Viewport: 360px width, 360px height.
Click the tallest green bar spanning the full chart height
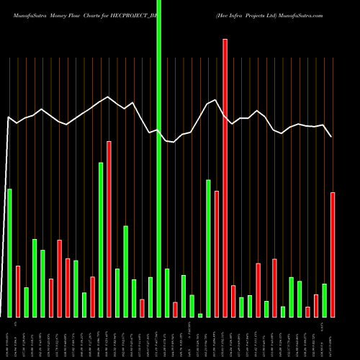(158, 158)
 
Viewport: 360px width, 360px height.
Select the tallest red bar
(225, 178)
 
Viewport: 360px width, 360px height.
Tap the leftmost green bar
(9, 253)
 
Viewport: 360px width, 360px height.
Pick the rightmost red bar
(333, 255)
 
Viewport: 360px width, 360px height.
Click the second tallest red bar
(109, 229)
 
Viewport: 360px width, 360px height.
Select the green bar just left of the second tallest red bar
(101, 240)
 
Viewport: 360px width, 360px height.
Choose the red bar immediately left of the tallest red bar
(217, 253)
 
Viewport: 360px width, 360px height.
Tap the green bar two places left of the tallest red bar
(208, 248)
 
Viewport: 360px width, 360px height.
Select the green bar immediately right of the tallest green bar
(167, 293)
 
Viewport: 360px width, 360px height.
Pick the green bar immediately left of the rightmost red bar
(324, 300)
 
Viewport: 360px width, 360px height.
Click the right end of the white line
(332, 137)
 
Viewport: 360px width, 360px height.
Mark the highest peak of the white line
(109, 96)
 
